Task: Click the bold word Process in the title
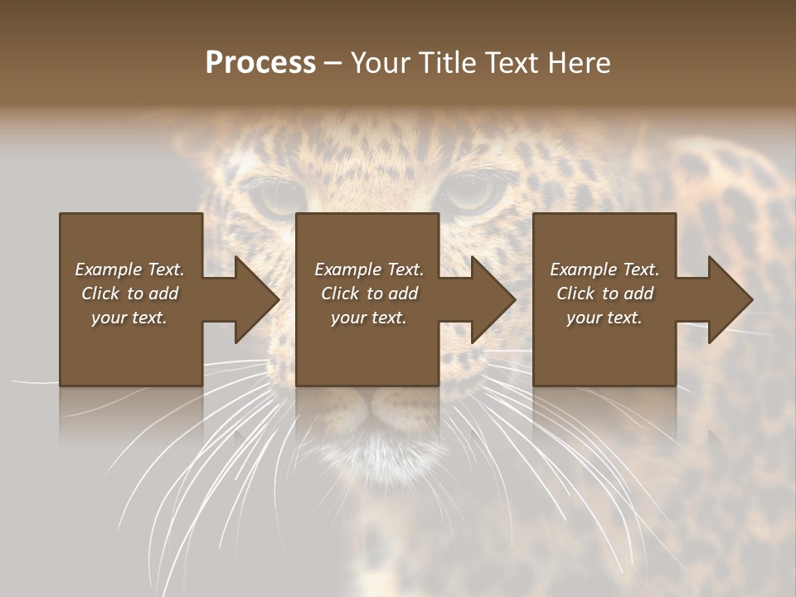(x=260, y=63)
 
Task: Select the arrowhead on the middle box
(x=491, y=299)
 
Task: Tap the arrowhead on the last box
(x=728, y=299)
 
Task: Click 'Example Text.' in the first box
(x=130, y=269)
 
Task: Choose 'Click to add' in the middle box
(x=369, y=294)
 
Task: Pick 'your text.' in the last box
(x=604, y=318)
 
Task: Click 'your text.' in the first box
(x=130, y=318)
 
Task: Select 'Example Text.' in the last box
(x=604, y=269)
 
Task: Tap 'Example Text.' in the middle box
(x=369, y=269)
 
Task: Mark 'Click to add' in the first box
(x=130, y=294)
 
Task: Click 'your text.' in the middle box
(x=369, y=318)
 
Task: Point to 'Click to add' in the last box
(x=604, y=294)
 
